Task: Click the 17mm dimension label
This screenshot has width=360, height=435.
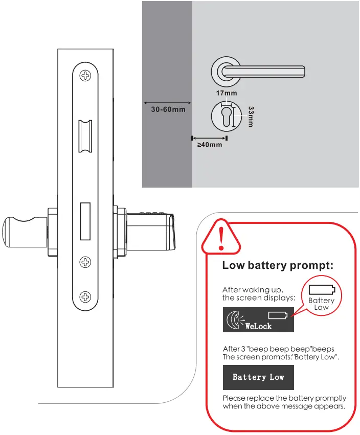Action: tap(227, 93)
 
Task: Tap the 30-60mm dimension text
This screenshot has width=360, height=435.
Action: tap(168, 109)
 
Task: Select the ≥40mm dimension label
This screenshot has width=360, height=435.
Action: tap(210, 145)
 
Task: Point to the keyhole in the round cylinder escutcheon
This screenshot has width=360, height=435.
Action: tap(226, 115)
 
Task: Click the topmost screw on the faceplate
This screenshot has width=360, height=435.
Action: tap(85, 75)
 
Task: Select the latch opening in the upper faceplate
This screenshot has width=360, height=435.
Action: tap(84, 137)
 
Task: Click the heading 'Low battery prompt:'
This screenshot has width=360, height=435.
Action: tap(278, 266)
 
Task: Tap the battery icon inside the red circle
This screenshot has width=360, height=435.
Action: tap(321, 290)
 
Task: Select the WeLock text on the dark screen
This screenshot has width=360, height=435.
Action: tap(258, 326)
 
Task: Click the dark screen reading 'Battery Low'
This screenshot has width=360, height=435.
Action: tap(258, 377)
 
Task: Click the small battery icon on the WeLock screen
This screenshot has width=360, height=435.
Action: tap(278, 314)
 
